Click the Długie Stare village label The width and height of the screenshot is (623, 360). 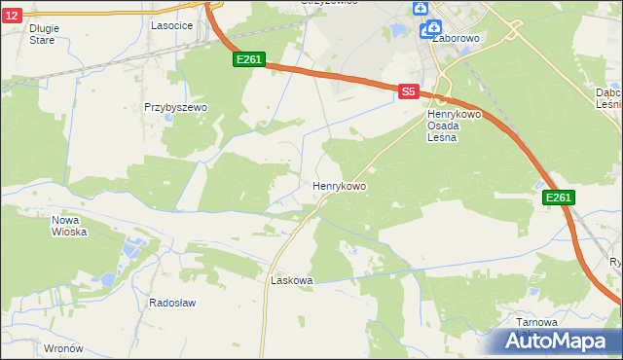pos(44,34)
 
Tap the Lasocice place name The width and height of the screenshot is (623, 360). pos(170,26)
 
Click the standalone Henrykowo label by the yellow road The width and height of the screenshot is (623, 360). pos(339,185)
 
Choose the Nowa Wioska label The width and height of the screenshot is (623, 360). pos(69,226)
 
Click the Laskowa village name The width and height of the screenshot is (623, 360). pos(291,280)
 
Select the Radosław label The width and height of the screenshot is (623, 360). pos(172,303)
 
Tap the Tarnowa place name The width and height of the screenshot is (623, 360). pos(537,322)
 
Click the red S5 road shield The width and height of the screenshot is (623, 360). pos(409,91)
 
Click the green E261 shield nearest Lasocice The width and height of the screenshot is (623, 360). pos(249,60)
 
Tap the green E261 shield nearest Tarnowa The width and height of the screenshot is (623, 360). pos(558,198)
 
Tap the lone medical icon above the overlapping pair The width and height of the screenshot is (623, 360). pos(420,9)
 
